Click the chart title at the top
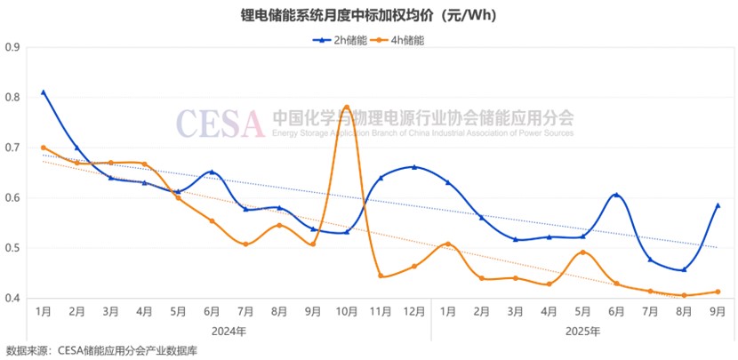click(368, 15)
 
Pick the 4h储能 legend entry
click(399, 40)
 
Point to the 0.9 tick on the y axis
click(12, 46)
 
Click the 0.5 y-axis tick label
click(12, 248)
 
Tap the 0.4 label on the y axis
click(12, 299)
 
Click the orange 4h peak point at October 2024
click(346, 108)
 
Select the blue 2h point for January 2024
click(43, 92)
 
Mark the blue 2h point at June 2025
click(615, 195)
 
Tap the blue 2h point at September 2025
click(718, 205)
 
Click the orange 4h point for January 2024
click(43, 148)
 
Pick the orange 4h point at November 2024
click(381, 276)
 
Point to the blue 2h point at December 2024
click(414, 167)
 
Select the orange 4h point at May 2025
click(582, 252)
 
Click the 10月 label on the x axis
click(346, 312)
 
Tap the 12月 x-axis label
click(414, 312)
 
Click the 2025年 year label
click(582, 331)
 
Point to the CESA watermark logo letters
click(220, 123)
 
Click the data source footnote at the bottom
click(101, 350)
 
